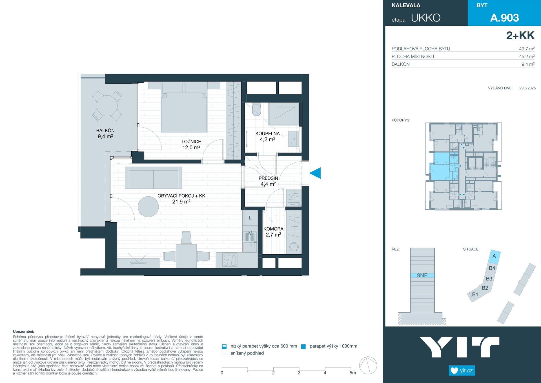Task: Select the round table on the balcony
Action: [107, 106]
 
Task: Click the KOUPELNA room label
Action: [267, 133]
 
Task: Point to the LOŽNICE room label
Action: [191, 141]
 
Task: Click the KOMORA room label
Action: [273, 229]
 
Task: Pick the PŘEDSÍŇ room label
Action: [268, 178]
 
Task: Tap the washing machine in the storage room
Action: [294, 246]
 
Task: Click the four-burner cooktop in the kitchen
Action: [230, 260]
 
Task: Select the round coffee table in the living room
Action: [148, 207]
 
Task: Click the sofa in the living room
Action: [153, 178]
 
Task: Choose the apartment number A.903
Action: [504, 18]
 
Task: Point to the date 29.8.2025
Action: [527, 88]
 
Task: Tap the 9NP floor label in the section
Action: [422, 275]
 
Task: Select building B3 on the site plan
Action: [489, 279]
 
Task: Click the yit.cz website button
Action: [462, 370]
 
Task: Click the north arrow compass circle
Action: [368, 365]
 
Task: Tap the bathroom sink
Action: [293, 139]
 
